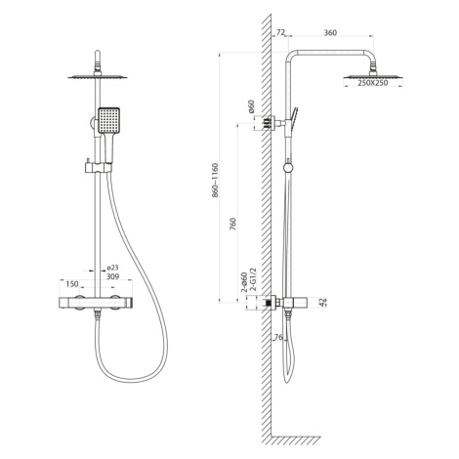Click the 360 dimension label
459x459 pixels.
pos(330,32)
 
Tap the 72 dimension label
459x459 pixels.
pos(280,32)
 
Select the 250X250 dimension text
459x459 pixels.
pos(373,83)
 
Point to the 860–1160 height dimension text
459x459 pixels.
pos(215,181)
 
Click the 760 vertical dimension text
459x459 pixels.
pos(233,224)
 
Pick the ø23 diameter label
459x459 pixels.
pos(112,268)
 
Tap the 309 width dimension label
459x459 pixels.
pos(113,276)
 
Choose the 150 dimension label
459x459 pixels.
pos(72,284)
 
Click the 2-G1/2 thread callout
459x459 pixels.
pos(253,279)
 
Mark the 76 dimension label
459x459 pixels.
pos(278,337)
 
